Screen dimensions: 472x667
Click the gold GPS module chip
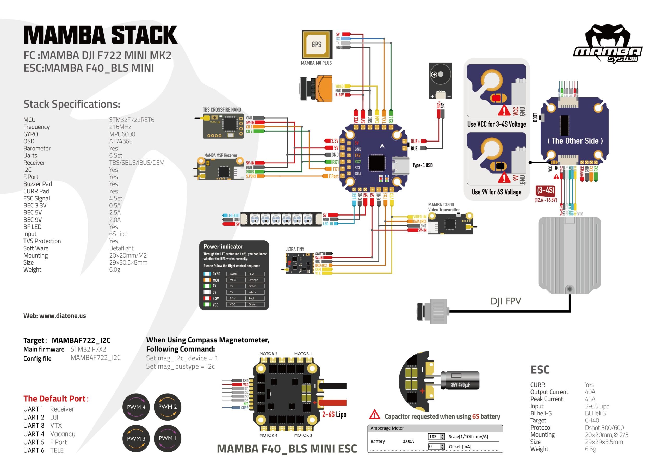coord(317,44)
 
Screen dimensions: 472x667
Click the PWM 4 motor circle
coord(136,407)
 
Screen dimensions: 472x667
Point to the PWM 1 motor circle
coord(167,438)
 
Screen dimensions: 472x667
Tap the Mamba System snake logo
coord(608,44)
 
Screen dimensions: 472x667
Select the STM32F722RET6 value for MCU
coord(132,120)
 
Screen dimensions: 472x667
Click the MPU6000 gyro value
coord(122,134)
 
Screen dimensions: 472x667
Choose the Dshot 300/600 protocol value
coord(604,427)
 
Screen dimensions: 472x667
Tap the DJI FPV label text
coord(505,301)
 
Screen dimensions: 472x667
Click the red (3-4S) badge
coord(545,190)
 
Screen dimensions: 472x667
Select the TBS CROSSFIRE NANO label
coord(222,109)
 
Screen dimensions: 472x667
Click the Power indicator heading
coord(223,247)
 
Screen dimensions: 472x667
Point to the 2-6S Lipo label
coord(334,414)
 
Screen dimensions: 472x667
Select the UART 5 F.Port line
coord(45,442)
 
